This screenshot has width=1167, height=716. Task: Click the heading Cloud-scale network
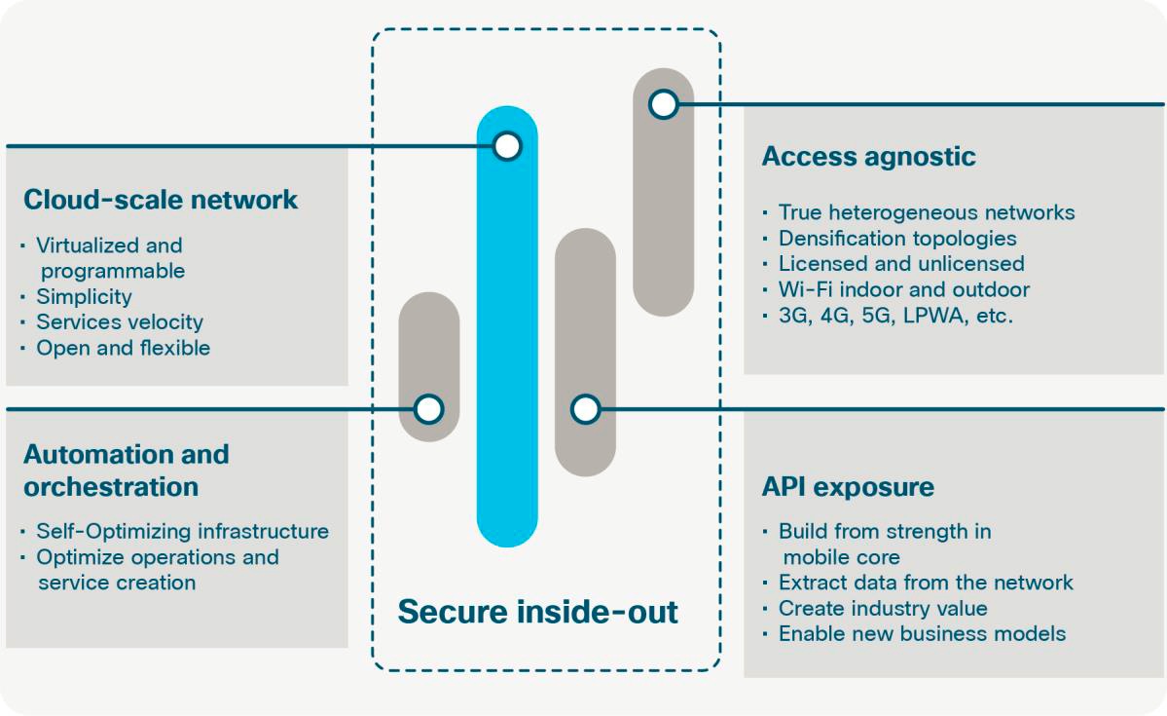point(161,200)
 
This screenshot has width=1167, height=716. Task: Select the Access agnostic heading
point(868,156)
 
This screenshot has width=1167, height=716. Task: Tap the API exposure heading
point(847,486)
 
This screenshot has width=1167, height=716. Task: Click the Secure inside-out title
point(537,612)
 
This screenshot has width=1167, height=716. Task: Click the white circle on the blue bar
point(507,146)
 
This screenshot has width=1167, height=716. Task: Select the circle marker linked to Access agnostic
point(663,104)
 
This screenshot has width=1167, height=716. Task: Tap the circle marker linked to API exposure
point(585,409)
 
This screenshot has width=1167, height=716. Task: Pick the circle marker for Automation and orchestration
point(429,409)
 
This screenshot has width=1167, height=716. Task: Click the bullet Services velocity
point(120,322)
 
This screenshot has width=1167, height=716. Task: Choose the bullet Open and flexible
point(123,348)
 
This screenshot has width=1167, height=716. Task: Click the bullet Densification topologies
point(896,238)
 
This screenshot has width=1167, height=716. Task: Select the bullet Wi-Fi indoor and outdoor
point(903,289)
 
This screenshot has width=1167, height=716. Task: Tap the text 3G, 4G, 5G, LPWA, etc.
point(895,316)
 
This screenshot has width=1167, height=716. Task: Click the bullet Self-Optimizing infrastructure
point(182,531)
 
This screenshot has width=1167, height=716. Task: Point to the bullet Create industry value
point(882,609)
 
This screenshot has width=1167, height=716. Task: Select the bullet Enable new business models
point(922,634)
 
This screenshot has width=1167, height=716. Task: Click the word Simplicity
point(84,297)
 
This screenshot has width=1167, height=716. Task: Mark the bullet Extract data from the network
point(925,583)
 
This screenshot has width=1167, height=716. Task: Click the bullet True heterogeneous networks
point(926,212)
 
